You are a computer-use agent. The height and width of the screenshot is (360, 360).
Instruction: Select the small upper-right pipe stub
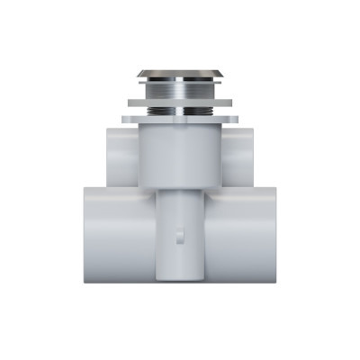click(240, 153)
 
